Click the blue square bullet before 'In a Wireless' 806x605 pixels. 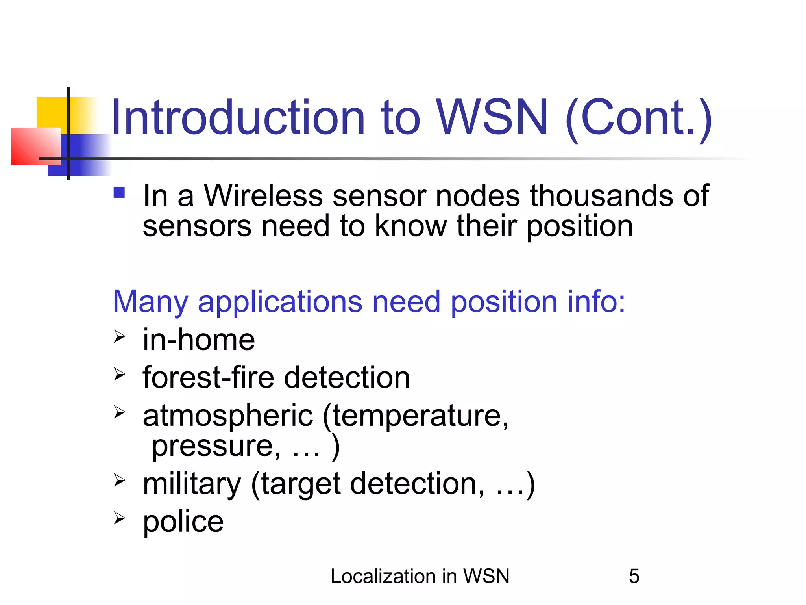[119, 192]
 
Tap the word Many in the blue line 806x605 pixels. [150, 302]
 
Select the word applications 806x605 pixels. [280, 302]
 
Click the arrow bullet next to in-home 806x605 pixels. [119, 337]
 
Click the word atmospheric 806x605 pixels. [228, 416]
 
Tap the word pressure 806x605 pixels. [216, 447]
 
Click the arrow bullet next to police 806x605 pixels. [119, 518]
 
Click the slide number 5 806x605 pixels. [634, 576]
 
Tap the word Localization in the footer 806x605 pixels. [381, 576]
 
